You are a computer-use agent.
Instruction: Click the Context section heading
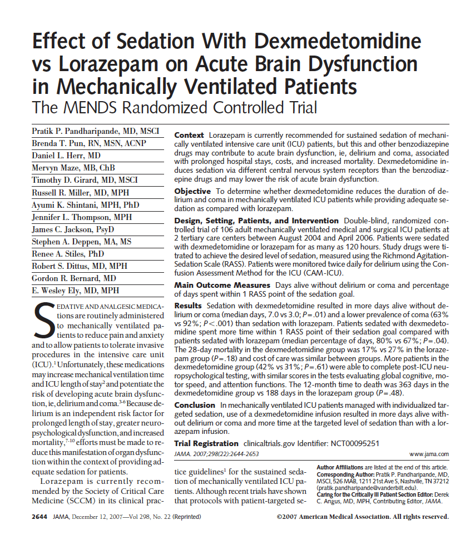coord(189,136)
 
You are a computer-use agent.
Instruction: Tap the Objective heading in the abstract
coord(192,191)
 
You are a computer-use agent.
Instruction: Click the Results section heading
coord(188,306)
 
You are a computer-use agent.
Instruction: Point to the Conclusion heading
coord(195,406)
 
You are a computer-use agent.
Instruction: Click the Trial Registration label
coord(206,443)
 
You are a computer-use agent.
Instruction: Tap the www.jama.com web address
coord(428,454)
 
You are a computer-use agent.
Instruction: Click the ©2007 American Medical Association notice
coord(362,517)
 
